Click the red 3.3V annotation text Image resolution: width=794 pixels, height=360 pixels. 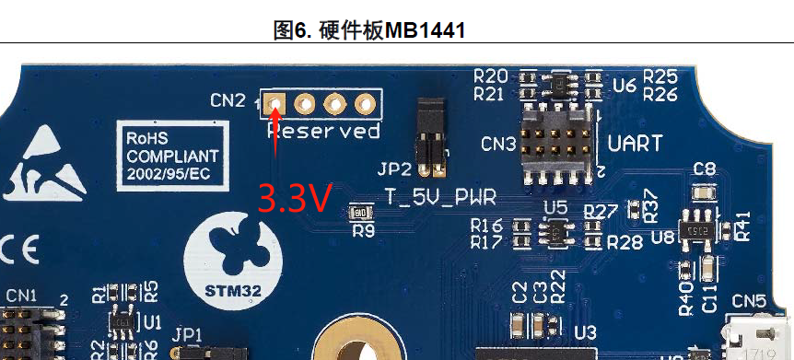(293, 198)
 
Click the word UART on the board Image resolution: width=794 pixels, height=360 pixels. (636, 144)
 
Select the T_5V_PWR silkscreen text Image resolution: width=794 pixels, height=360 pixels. (441, 196)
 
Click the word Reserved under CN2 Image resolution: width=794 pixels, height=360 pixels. (323, 132)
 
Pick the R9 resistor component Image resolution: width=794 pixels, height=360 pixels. (357, 214)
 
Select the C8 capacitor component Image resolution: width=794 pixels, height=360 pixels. (705, 192)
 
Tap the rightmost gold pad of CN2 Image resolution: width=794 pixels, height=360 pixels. (365, 102)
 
